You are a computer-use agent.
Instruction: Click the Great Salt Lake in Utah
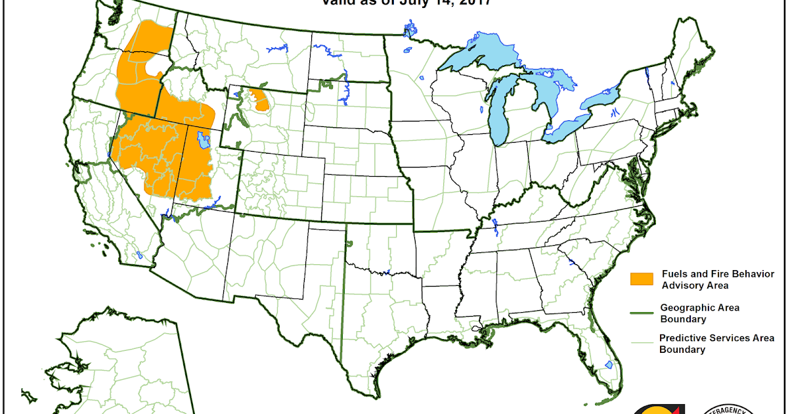tap(204, 139)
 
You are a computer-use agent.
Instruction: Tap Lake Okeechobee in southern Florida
tap(608, 364)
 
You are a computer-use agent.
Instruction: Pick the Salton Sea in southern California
tap(139, 255)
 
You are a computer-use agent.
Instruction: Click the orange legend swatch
tap(642, 279)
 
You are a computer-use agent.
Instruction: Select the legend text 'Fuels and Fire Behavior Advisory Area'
tap(717, 279)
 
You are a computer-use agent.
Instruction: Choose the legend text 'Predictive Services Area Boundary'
tap(716, 344)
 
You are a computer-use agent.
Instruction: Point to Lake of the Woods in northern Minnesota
tap(410, 30)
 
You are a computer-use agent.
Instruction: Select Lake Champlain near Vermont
tap(647, 72)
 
